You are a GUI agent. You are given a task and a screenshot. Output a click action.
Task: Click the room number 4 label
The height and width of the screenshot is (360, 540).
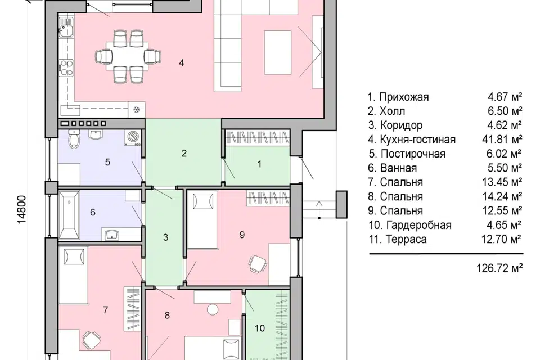point(182,62)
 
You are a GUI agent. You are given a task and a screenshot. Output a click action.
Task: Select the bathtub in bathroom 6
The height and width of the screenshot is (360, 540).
point(69,215)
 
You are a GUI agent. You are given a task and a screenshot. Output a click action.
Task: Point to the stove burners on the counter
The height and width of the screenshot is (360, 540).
point(66,67)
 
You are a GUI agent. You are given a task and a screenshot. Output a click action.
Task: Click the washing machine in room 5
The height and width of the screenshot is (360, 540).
point(134,138)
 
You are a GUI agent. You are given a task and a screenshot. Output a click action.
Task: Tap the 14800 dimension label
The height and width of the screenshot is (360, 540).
point(22,209)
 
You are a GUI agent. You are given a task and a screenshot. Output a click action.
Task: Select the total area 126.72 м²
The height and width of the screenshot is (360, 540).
point(499,268)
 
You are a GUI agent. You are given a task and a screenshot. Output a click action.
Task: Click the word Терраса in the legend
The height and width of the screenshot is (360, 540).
point(406,239)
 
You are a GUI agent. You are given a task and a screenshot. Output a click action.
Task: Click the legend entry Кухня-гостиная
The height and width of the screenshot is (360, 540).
point(418,139)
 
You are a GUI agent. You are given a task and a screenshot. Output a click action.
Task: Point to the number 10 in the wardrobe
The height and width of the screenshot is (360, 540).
point(260,328)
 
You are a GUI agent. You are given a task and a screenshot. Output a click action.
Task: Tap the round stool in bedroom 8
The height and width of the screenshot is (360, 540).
point(213,309)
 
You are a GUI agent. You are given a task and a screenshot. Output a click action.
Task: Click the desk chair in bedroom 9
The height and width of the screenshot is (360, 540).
point(258,264)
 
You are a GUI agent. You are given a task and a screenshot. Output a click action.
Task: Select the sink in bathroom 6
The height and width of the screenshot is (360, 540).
point(111,235)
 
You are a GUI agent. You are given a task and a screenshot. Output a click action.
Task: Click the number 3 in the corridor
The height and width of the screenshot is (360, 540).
point(165,237)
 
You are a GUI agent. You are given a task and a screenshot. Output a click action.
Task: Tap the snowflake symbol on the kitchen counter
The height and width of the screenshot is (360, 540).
point(137,110)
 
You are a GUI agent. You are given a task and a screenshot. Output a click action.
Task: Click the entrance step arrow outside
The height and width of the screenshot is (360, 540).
point(319,209)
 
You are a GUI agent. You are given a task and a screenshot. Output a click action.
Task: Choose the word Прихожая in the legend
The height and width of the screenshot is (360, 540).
point(404,97)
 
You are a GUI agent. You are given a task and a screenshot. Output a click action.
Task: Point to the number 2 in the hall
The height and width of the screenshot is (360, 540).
point(184,154)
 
